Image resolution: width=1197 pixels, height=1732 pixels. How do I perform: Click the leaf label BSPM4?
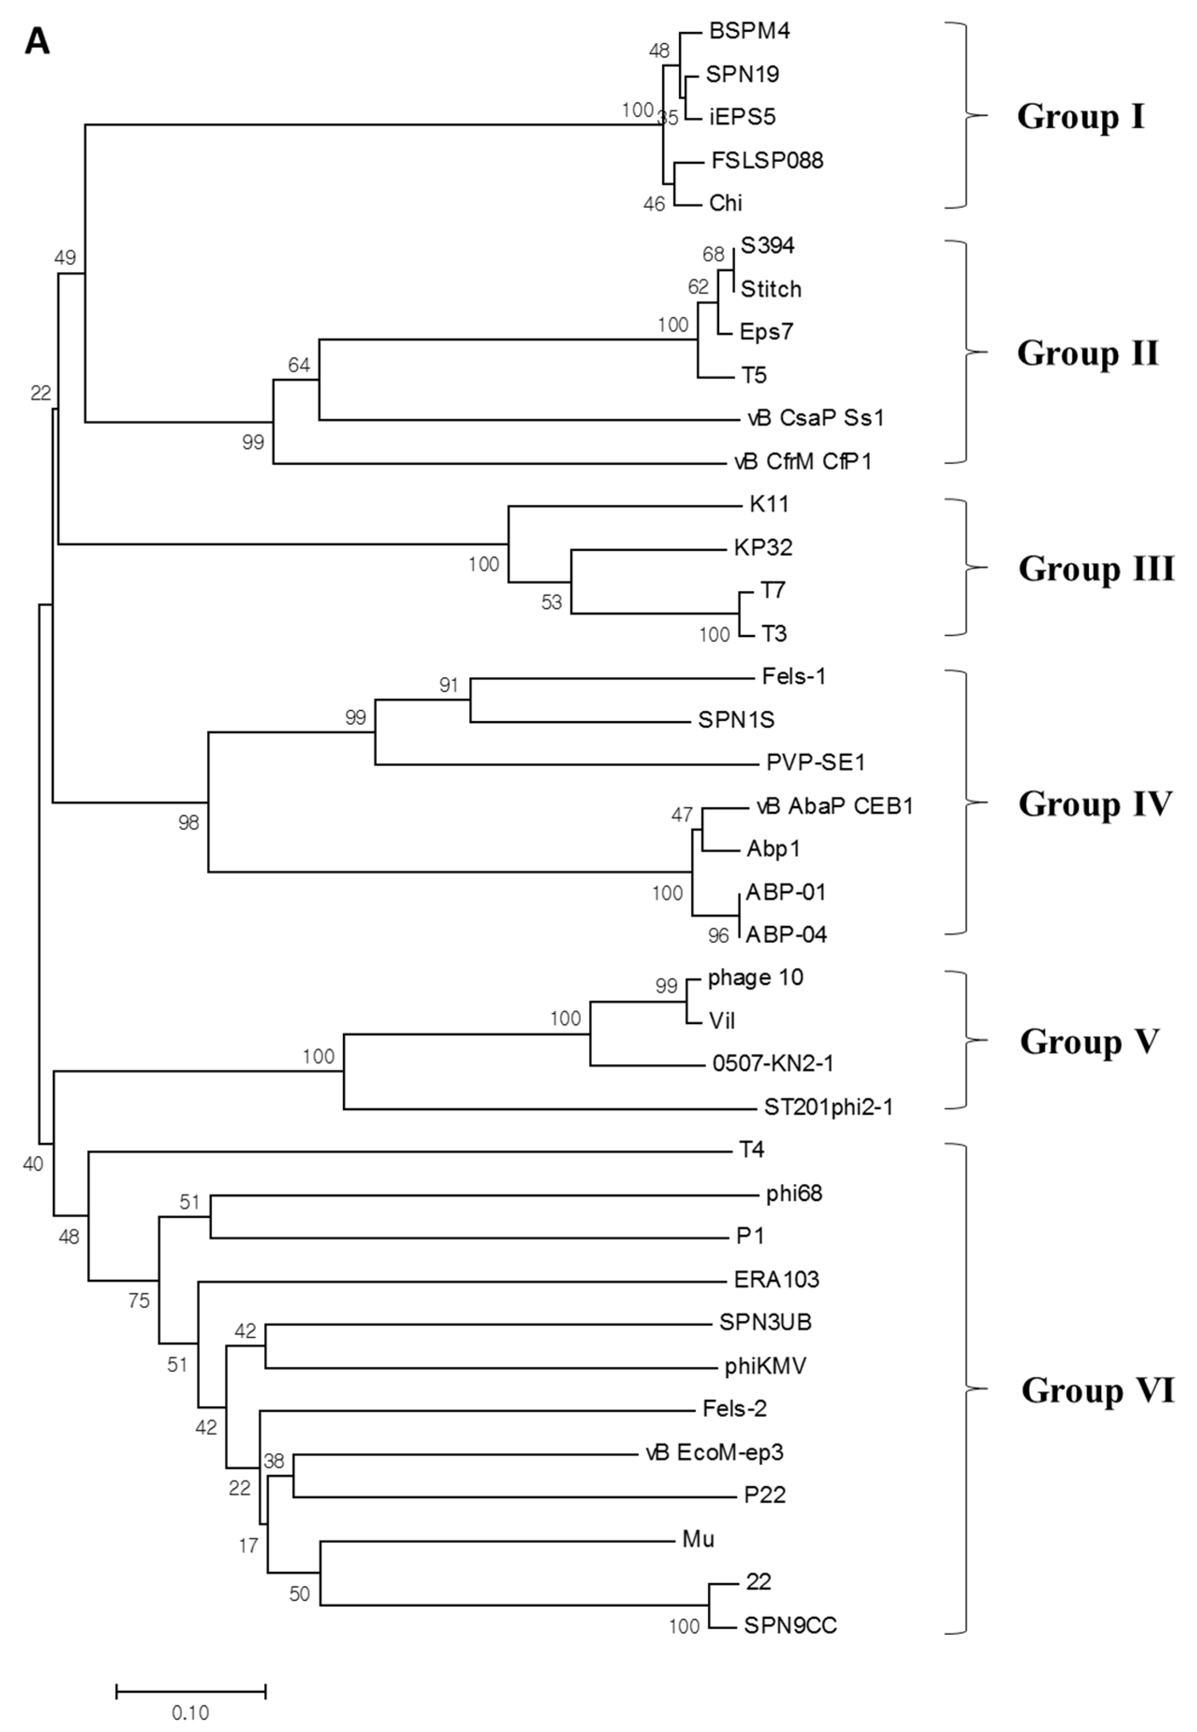pos(749,31)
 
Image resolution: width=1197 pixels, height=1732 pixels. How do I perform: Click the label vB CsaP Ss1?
pos(816,418)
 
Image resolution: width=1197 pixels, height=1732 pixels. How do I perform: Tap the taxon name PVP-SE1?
pos(815,763)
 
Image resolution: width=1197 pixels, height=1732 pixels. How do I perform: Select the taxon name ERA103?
pos(776,1279)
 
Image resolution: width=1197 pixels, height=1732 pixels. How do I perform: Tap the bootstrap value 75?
pos(139,1301)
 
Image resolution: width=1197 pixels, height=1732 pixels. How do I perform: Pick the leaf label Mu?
pos(698,1539)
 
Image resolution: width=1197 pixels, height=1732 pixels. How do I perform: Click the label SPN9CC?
pos(790,1625)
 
